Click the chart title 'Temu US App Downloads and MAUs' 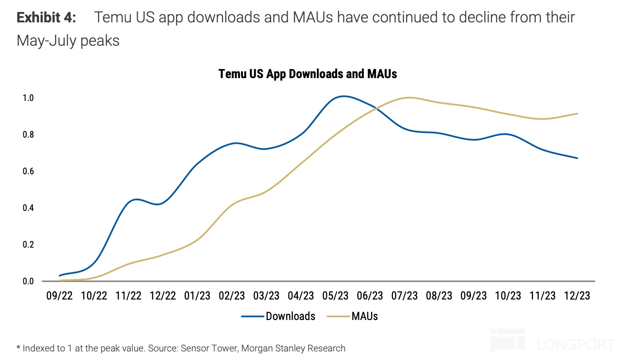point(308,74)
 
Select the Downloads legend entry point(278,316)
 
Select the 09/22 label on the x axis point(60,296)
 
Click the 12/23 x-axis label point(577,296)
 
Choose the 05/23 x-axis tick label point(335,296)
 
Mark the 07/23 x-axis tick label point(404,296)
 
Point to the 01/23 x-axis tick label point(197,296)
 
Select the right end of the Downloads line point(577,158)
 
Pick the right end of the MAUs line point(577,113)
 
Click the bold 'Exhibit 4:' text point(46,18)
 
